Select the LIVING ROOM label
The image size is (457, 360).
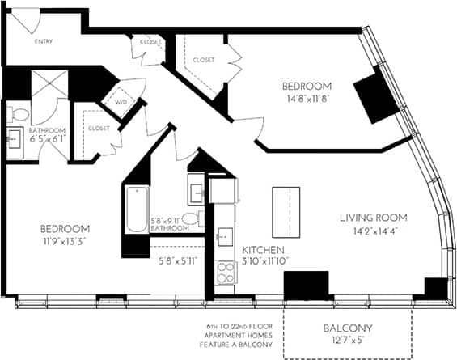pos(373,218)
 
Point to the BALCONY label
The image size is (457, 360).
pos(347,328)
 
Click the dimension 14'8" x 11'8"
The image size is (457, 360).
pos(307,99)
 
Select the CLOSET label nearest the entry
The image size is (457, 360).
pos(150,41)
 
